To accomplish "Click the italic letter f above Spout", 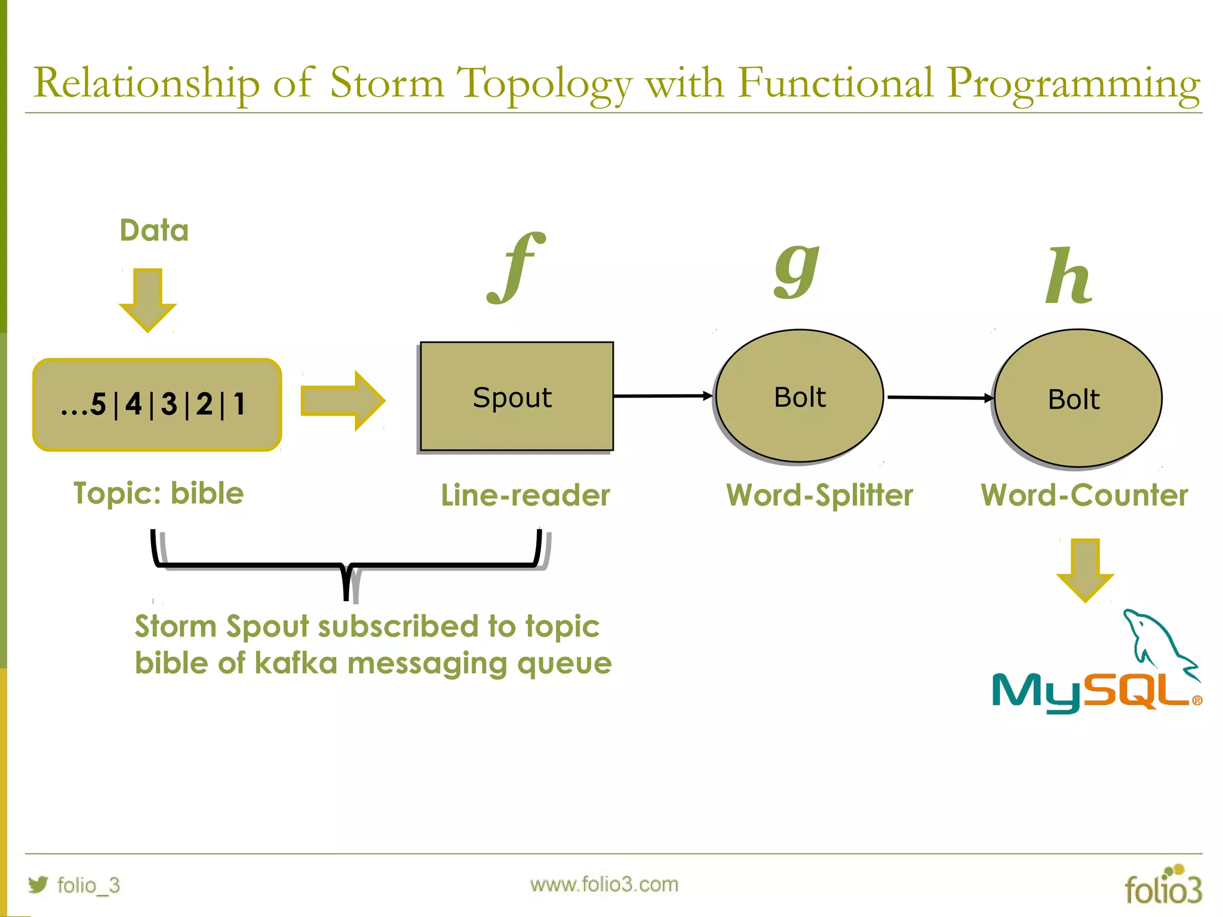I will point(517,269).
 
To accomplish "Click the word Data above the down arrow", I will point(154,230).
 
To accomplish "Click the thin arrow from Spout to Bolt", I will point(663,396).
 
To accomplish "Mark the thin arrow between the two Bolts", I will point(940,397).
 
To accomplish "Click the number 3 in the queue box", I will point(169,404).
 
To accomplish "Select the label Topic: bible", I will point(158,494).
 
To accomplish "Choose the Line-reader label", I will point(525,496).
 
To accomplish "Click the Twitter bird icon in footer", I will point(38,884).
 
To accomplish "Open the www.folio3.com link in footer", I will point(604,884).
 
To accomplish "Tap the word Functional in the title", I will point(834,83).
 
